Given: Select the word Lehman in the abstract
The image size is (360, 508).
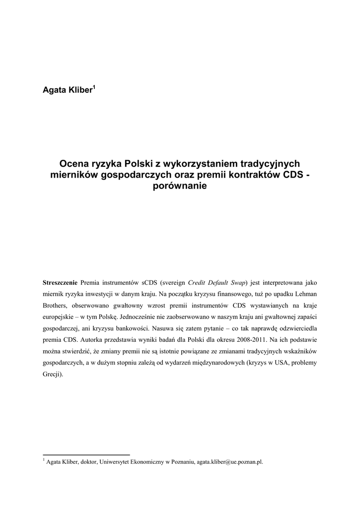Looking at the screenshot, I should pos(304,294).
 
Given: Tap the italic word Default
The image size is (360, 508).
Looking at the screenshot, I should pos(215,283).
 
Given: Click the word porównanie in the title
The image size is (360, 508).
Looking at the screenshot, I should pos(180,186).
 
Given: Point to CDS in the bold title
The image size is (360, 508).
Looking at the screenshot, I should pos(293,175).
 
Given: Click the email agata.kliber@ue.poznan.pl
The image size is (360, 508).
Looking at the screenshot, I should pos(230,462).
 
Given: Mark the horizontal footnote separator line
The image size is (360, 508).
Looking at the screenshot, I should pos(86,454).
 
